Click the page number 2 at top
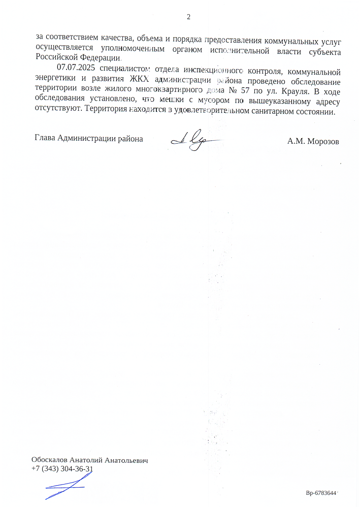click(188, 17)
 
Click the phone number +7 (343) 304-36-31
click(62, 469)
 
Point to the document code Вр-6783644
click(321, 493)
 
